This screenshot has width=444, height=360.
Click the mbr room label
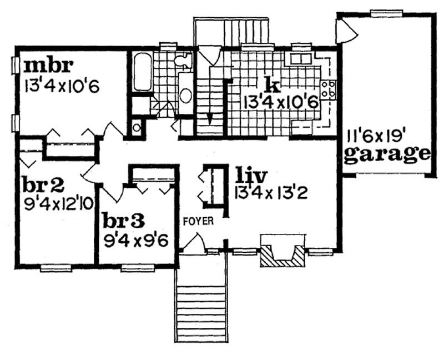[x=48, y=66]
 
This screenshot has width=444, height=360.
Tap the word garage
[x=387, y=153]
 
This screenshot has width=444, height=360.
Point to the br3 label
[x=124, y=220]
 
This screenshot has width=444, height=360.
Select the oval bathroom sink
[x=185, y=96]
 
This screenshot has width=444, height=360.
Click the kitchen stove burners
[x=328, y=89]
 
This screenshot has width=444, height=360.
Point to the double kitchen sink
[x=299, y=58]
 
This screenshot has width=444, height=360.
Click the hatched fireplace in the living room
[x=283, y=254]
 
